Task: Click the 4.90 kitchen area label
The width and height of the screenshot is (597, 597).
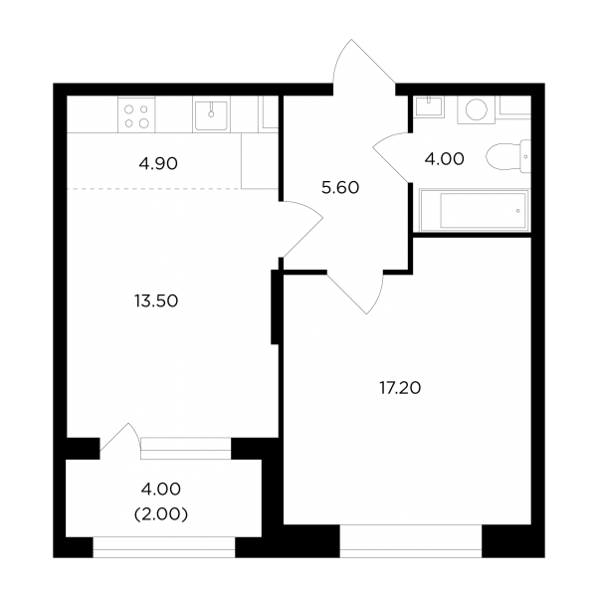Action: [158, 164]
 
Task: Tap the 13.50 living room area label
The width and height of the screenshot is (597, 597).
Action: [156, 300]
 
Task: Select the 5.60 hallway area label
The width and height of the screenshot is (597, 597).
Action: [340, 188]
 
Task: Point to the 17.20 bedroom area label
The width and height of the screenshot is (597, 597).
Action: [400, 388]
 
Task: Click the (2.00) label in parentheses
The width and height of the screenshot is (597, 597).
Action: [161, 514]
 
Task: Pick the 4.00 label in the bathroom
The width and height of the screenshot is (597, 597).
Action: [445, 159]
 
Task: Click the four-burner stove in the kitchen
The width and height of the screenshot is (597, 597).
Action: [136, 114]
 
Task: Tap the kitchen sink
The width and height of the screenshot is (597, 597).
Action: [211, 113]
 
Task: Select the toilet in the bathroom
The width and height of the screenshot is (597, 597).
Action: [508, 156]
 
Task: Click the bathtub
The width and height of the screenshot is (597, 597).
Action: [475, 210]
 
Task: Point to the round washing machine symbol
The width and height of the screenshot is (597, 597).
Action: [477, 109]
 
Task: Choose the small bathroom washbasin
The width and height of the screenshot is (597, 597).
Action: [429, 106]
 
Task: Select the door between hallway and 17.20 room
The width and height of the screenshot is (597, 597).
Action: [355, 292]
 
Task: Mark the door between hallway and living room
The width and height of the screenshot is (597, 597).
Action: [300, 229]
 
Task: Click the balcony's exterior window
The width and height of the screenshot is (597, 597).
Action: [164, 547]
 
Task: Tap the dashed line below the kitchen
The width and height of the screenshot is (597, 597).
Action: [154, 188]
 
